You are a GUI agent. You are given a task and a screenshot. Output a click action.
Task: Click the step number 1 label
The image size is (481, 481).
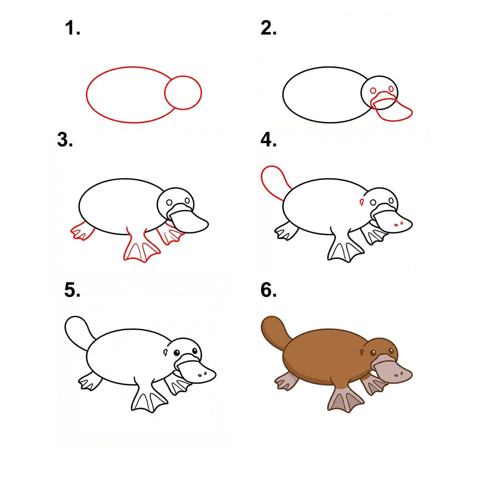(x=73, y=30)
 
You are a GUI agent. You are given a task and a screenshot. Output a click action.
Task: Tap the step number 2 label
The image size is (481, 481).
(x=268, y=29)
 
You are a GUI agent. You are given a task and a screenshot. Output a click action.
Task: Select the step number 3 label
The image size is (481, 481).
(x=65, y=140)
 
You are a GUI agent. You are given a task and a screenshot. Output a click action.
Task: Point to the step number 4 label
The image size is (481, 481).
(x=268, y=140)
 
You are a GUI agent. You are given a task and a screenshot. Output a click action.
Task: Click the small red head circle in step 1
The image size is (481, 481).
(x=183, y=92)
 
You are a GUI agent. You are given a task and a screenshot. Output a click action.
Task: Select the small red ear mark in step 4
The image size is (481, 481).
(x=362, y=202)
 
